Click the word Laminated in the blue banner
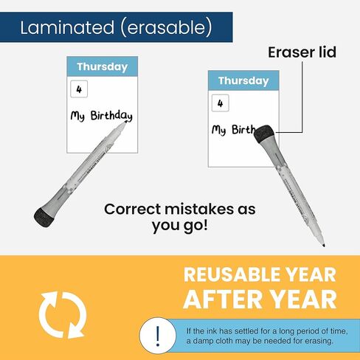point(67,27)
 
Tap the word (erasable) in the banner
point(166,27)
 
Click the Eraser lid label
point(302,52)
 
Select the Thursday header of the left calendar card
point(103,66)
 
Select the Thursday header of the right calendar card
point(243,80)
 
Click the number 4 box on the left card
point(79,89)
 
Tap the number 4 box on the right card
point(221,103)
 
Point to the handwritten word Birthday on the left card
point(111,116)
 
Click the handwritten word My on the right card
point(219,130)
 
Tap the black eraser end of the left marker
point(44,217)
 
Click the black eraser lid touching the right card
point(264,134)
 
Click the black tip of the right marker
point(324,245)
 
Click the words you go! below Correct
point(180,226)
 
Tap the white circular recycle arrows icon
point(62,315)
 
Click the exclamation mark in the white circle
point(158,336)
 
